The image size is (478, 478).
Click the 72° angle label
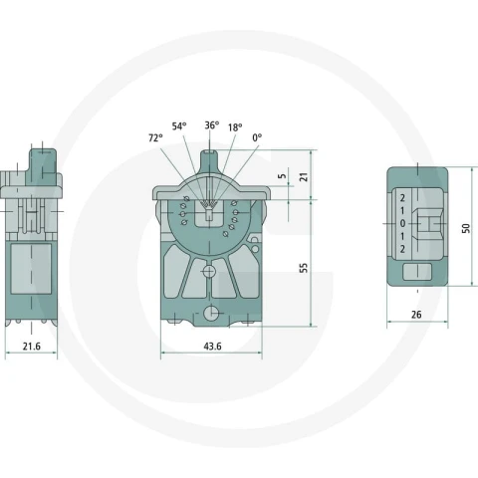point(155,137)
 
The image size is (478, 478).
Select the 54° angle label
point(179,126)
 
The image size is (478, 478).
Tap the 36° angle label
point(212,125)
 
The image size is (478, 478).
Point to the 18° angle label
point(235,127)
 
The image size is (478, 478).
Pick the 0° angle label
point(257,137)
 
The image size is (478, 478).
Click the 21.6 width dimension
point(32,347)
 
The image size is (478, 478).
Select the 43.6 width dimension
point(212,347)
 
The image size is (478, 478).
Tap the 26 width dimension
point(416,315)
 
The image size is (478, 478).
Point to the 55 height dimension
point(304,268)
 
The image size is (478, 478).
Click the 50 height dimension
point(466,228)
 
